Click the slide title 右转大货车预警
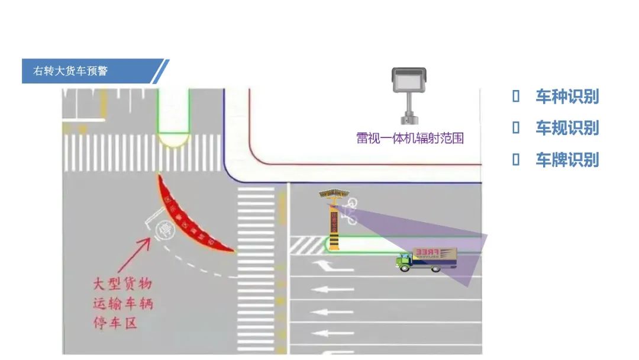[70, 72]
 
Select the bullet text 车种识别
[567, 97]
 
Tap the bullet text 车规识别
[567, 128]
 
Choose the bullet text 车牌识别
[567, 160]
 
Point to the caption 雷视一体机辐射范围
[409, 139]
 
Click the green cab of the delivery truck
[404, 261]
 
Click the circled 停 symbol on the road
[159, 228]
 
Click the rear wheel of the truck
[437, 268]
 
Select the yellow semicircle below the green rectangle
[173, 140]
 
